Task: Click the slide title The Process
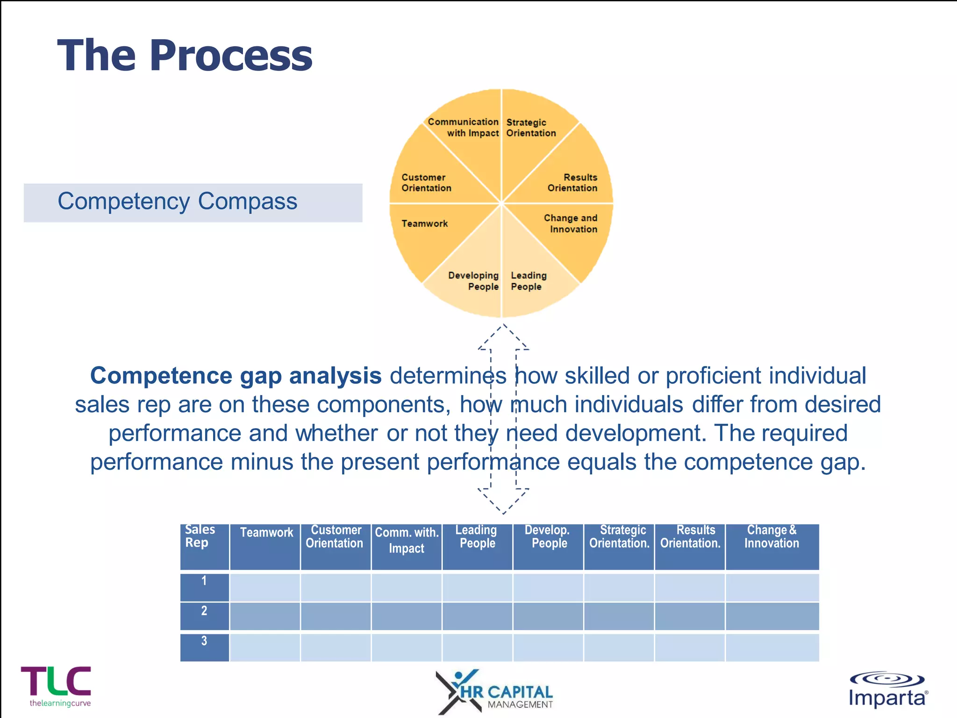(x=185, y=55)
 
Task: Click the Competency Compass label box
(x=193, y=202)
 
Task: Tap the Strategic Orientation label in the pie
(x=531, y=128)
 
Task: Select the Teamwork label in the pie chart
(x=424, y=223)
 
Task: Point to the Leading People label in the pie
(x=528, y=281)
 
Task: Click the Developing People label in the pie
(x=473, y=281)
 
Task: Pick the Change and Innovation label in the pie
(x=570, y=223)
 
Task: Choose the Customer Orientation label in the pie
(x=426, y=183)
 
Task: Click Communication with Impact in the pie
(x=463, y=128)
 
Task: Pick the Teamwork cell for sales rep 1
(x=264, y=587)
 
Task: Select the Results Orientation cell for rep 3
(x=689, y=647)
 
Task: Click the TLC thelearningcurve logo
(x=57, y=686)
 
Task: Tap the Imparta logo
(x=888, y=690)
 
